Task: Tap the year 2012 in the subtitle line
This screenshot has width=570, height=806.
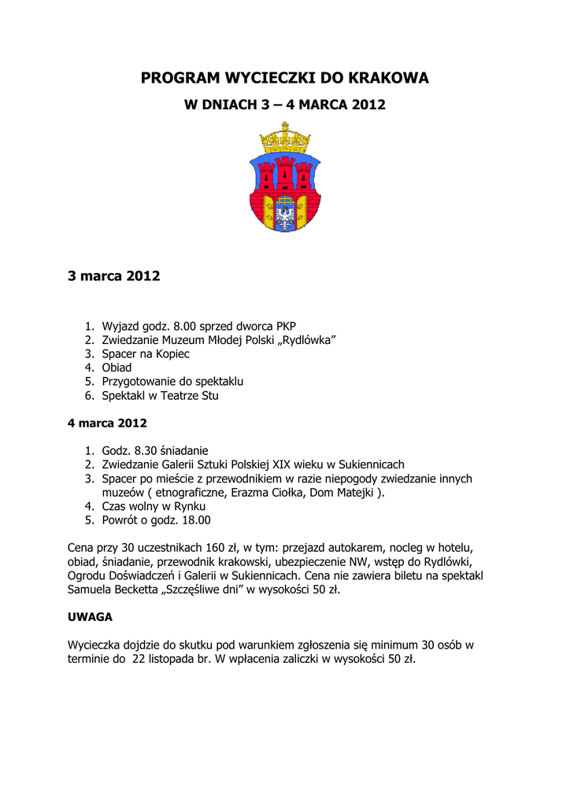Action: point(369,105)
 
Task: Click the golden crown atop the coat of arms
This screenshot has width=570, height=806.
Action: point(284,139)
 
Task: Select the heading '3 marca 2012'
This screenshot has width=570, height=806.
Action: point(114,276)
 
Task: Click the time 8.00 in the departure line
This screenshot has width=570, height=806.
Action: point(194,326)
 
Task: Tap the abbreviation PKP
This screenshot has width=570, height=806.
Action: point(286,326)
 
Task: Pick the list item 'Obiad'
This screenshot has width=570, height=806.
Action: point(117,368)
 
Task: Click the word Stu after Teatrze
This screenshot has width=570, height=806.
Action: point(209,396)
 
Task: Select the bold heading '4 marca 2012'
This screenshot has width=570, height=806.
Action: point(107,423)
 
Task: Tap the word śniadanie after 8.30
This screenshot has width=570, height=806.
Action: point(183,451)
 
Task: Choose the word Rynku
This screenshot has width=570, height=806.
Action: point(189,507)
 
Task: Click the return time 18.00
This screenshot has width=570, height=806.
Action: point(194,520)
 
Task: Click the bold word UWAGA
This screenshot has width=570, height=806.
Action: point(90,617)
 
